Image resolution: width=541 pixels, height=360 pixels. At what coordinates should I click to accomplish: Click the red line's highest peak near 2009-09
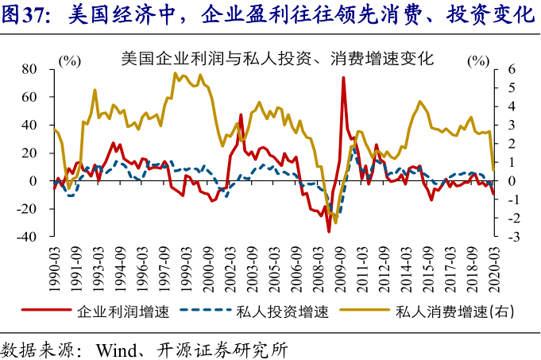(343, 78)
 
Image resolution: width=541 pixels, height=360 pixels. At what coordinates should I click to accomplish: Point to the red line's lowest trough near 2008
(328, 231)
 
